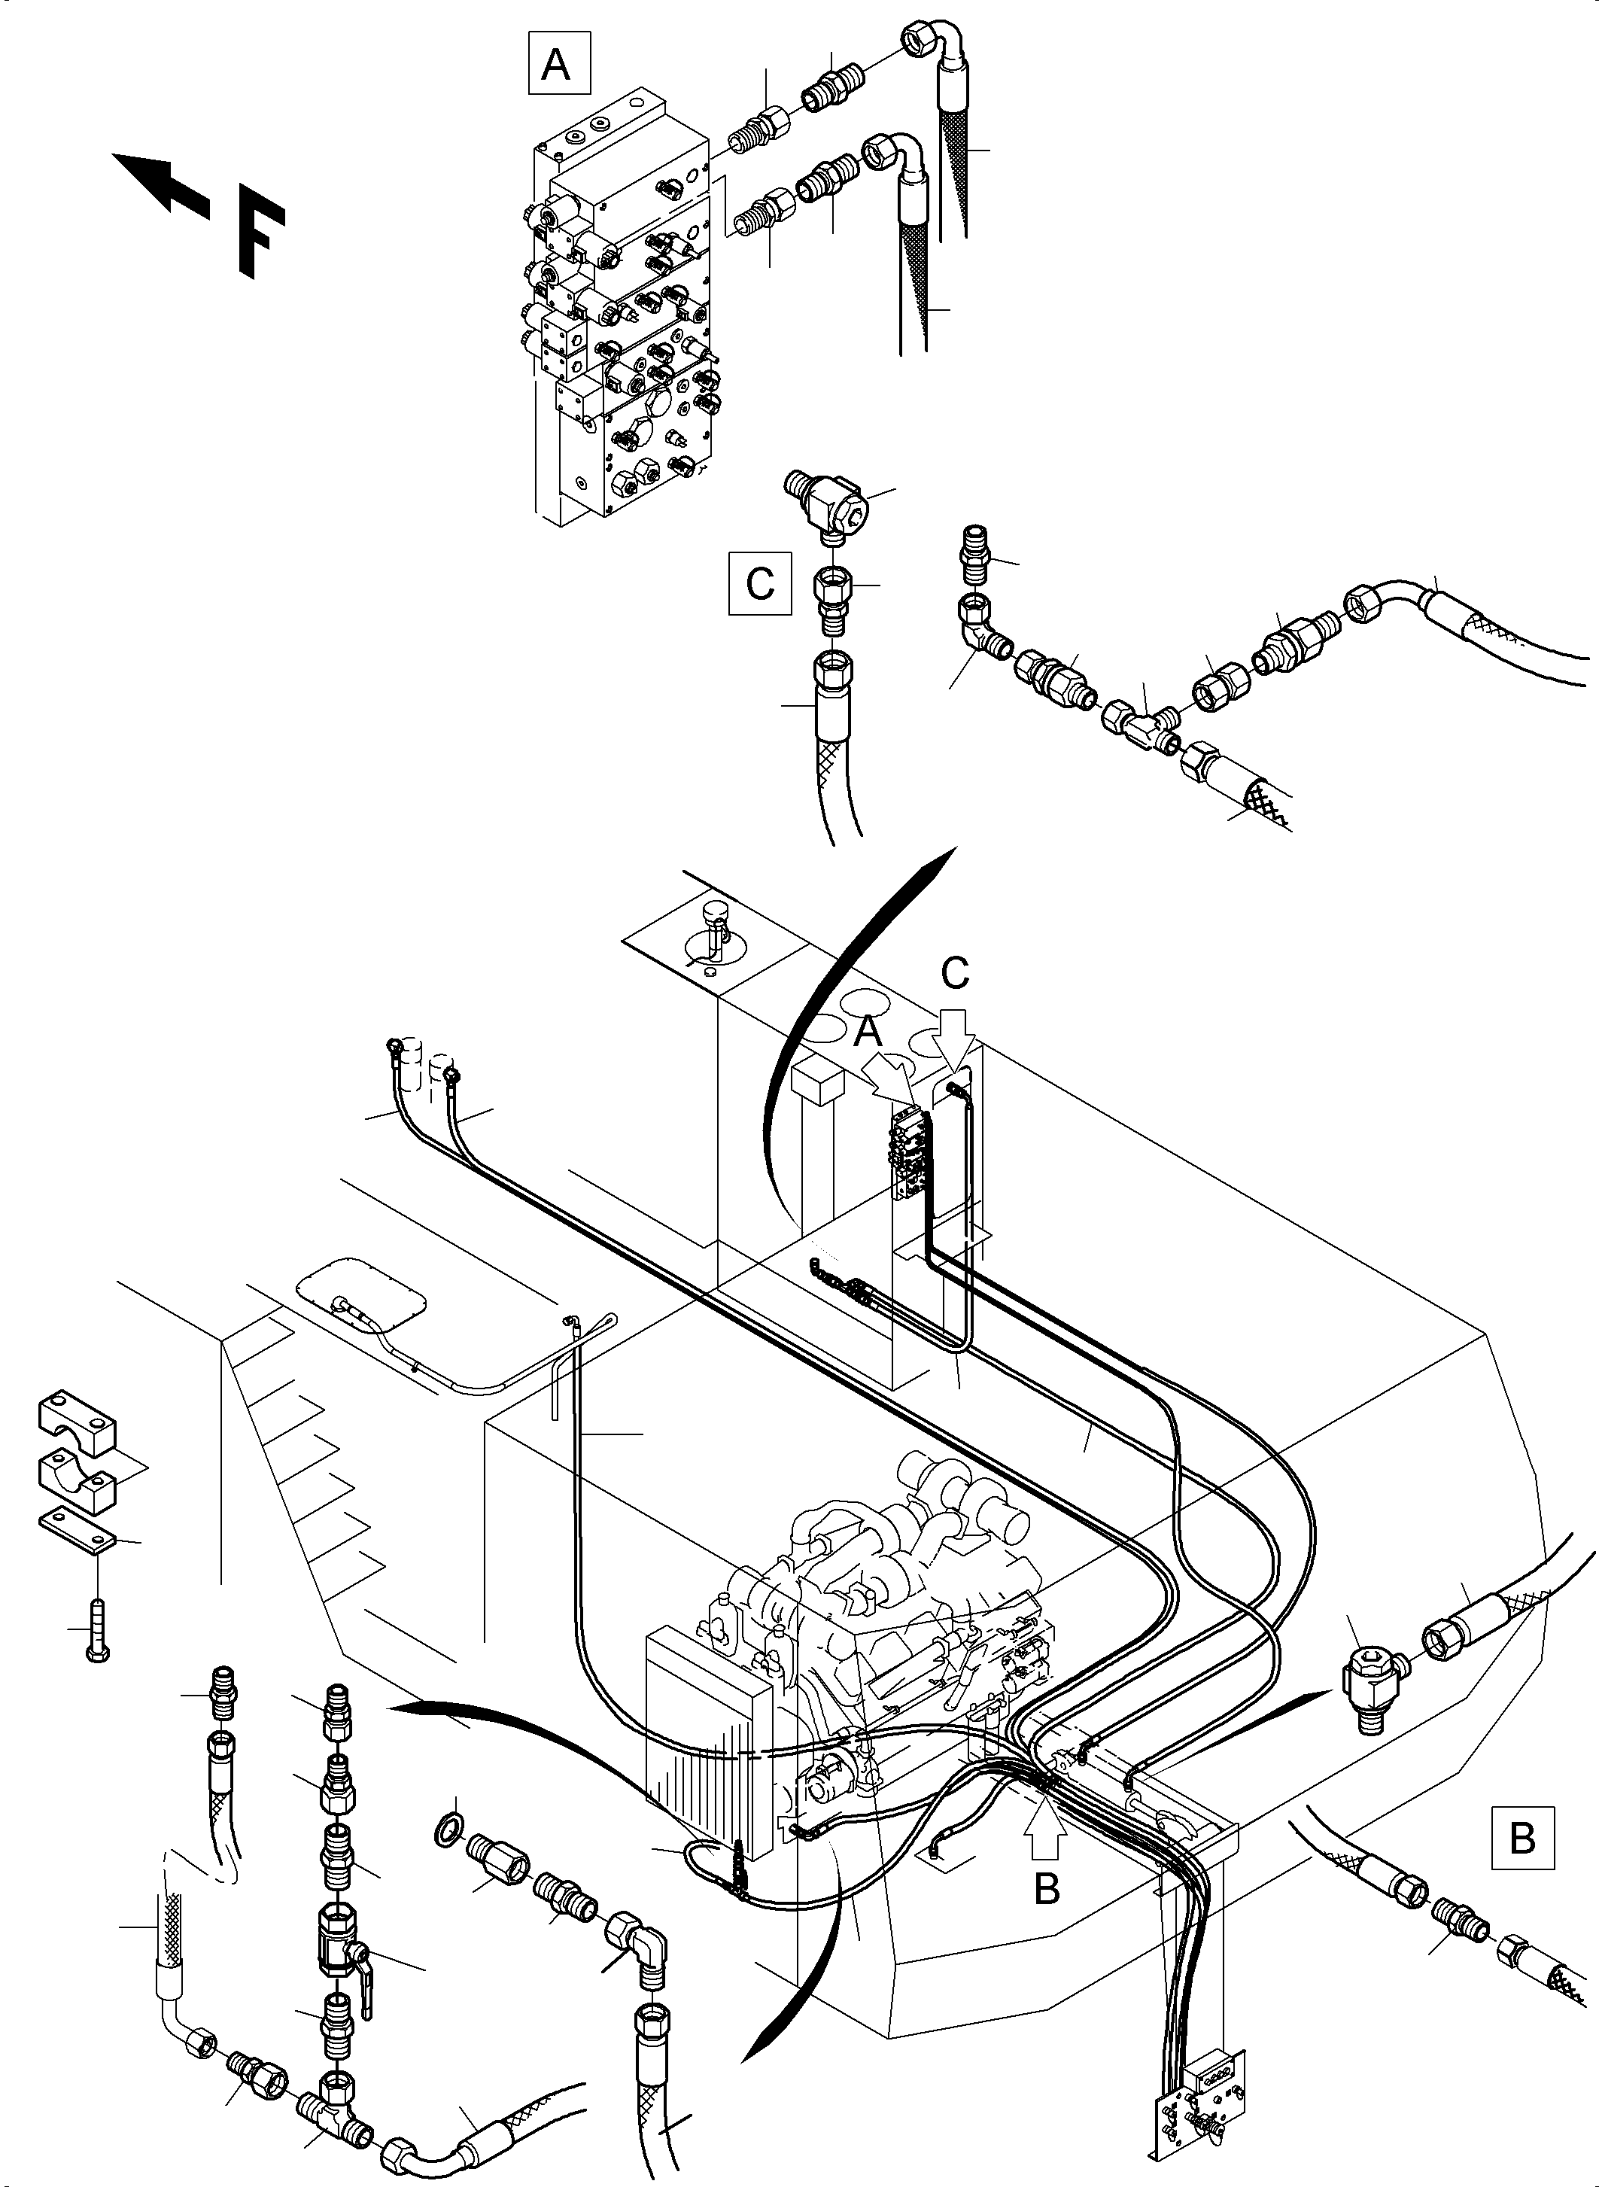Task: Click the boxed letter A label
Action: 558,63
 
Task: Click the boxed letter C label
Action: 760,582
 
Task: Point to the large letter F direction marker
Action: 260,238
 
